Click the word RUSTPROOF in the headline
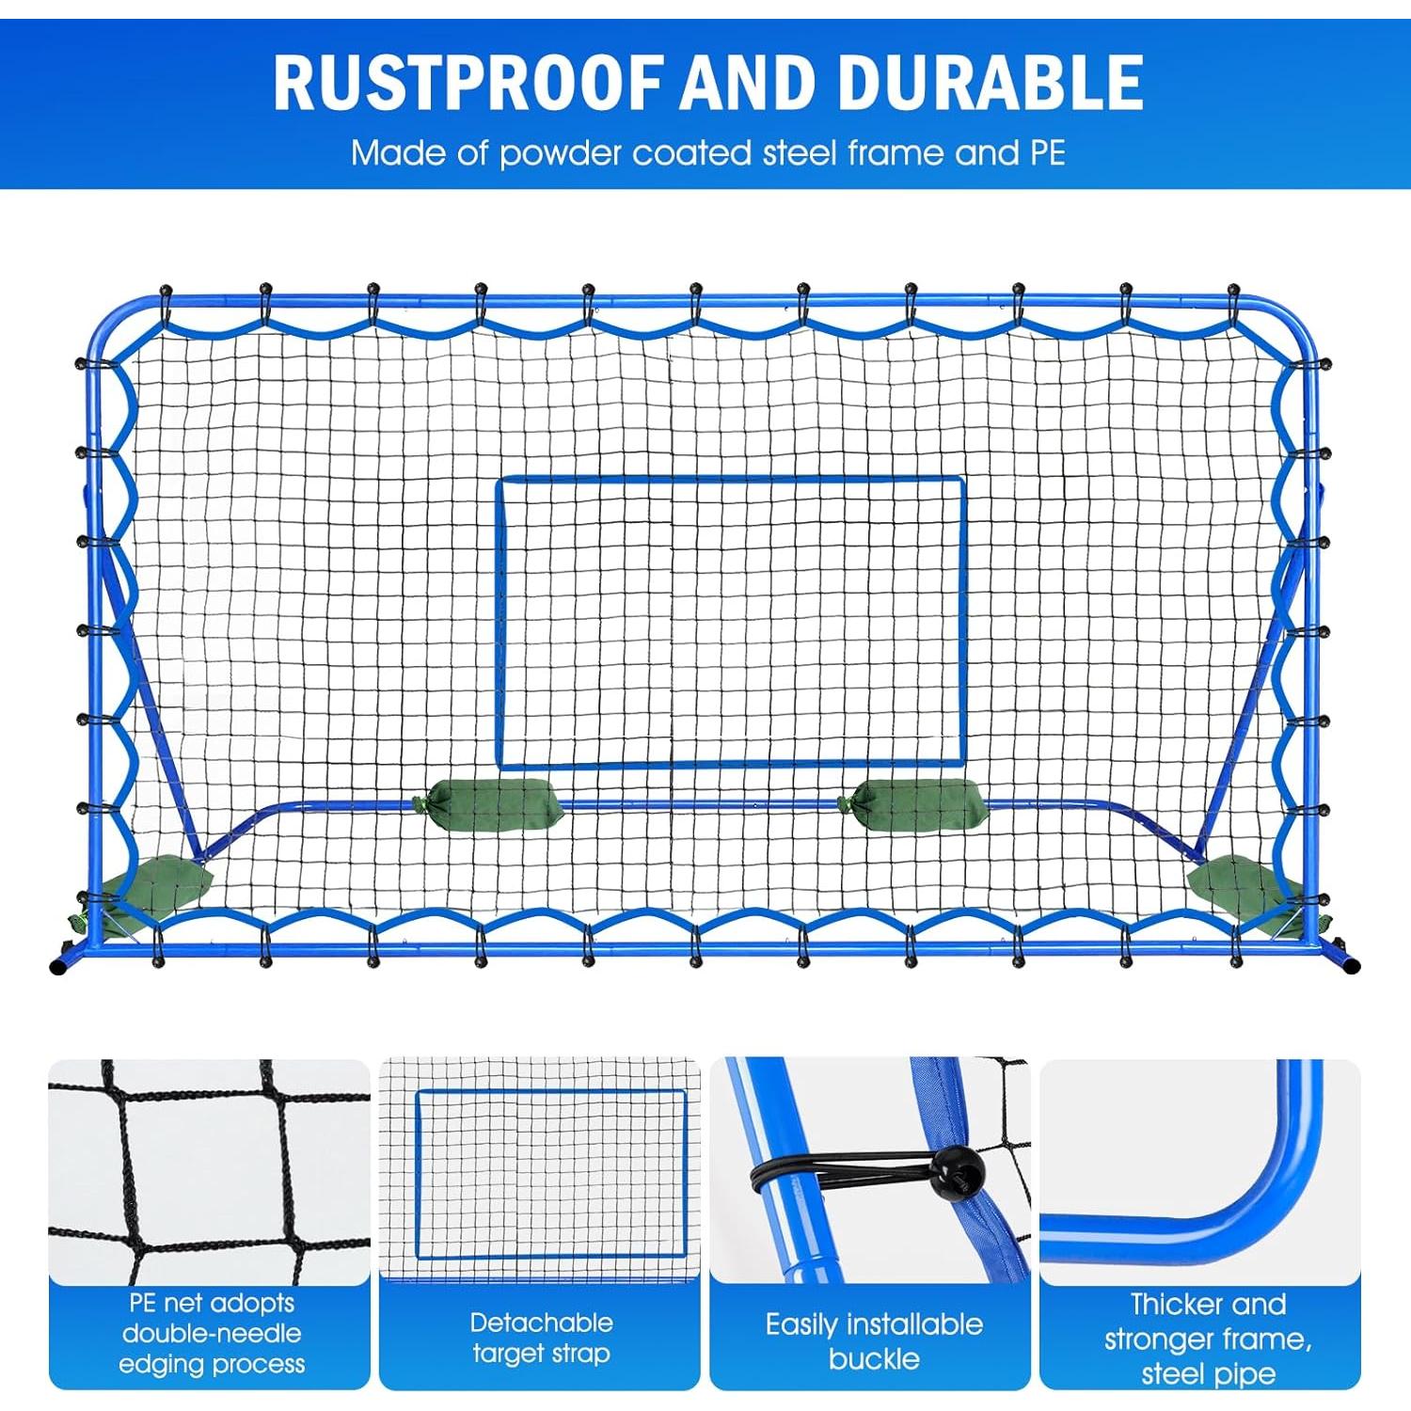[468, 83]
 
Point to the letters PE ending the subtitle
[1046, 152]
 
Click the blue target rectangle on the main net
[731, 481]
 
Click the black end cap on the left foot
[58, 966]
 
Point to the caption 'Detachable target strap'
[541, 1338]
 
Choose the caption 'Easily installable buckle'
[873, 1340]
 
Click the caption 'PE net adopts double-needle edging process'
[212, 1333]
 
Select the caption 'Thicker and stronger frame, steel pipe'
[1208, 1338]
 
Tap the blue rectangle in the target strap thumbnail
[550, 1093]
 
